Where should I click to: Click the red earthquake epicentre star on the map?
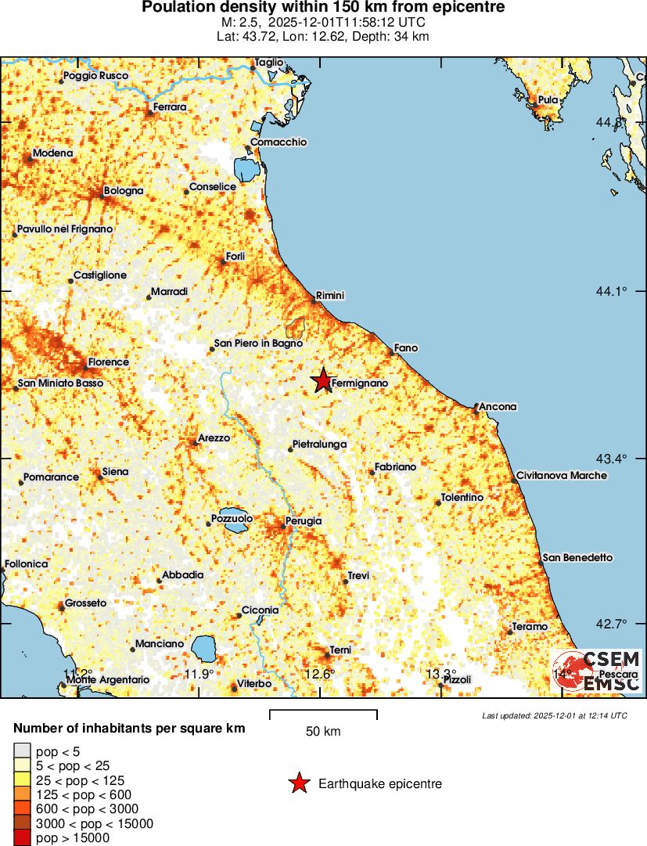322,380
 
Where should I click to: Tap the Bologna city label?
124,191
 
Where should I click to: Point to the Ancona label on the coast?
498,407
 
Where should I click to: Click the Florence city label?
108,362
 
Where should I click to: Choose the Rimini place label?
330,296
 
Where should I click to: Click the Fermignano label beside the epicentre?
360,383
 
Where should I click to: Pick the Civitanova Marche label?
562,476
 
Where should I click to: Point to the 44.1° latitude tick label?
612,291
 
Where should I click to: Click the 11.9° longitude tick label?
199,675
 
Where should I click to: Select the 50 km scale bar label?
323,732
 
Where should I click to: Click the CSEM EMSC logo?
596,671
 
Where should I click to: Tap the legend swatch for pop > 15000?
23,837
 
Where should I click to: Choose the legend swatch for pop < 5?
23,751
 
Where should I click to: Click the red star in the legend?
298,783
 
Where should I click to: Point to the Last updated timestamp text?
554,715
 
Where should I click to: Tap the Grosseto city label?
85,603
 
